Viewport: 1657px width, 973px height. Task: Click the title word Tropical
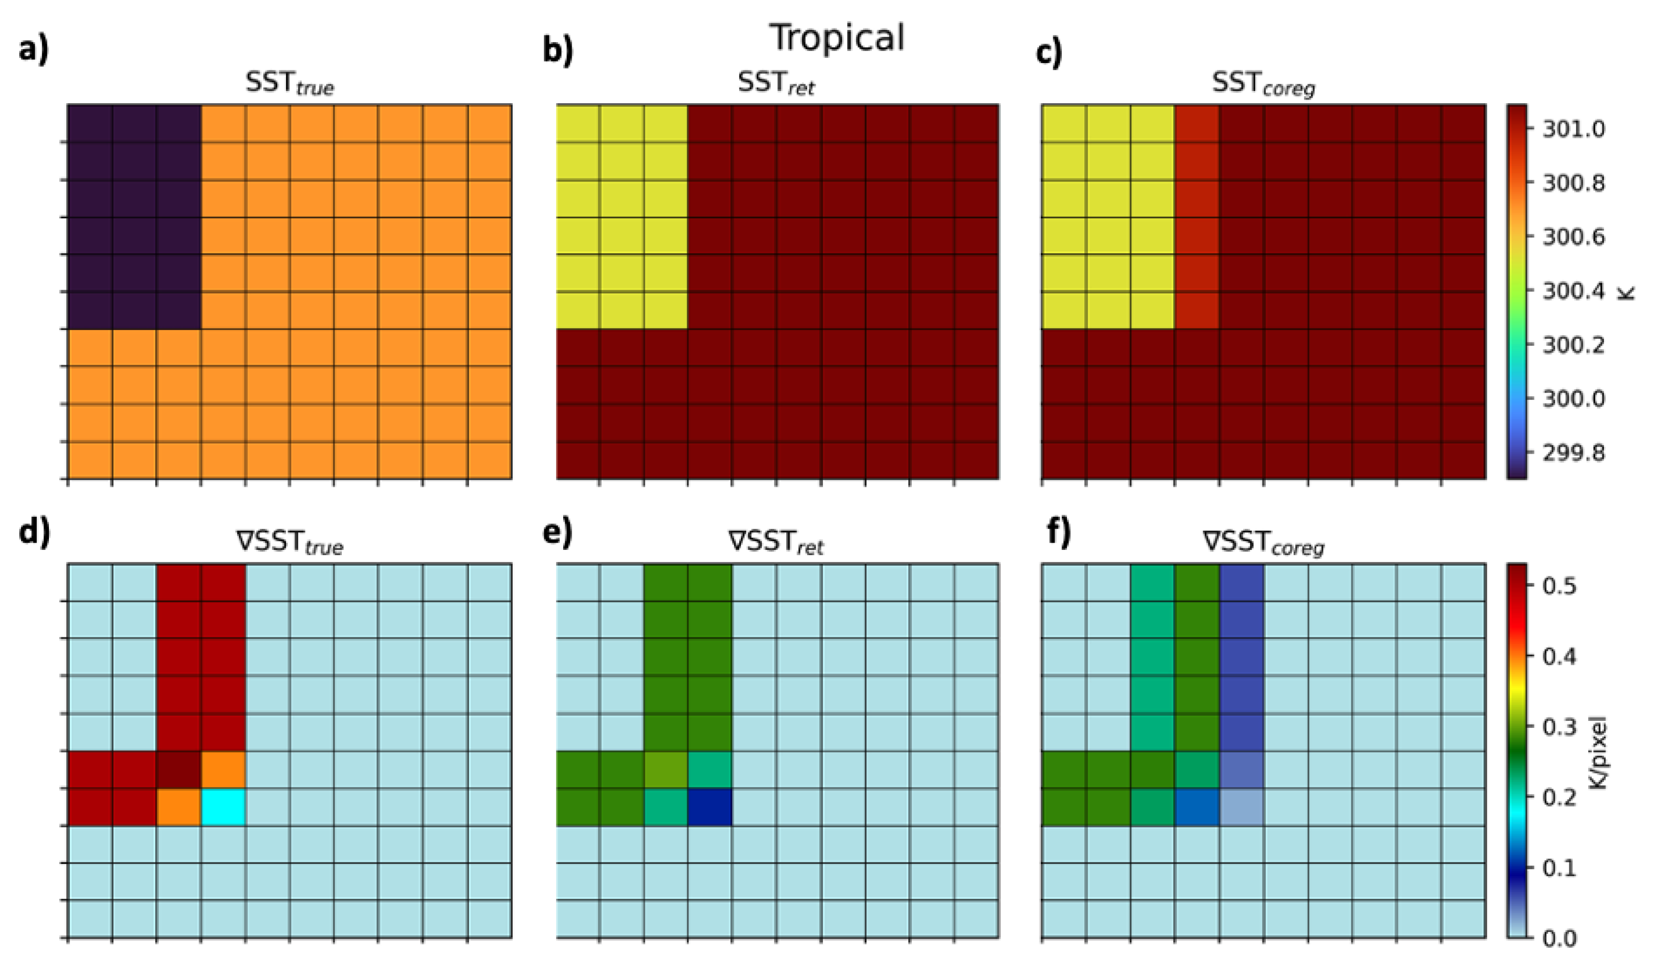(837, 37)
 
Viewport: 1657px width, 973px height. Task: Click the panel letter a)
(34, 50)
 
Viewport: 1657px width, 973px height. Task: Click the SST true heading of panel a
(289, 84)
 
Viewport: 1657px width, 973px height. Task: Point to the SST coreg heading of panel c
(1263, 84)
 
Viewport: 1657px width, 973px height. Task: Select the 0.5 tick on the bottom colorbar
(1558, 585)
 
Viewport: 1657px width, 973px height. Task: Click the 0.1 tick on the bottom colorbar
(1558, 868)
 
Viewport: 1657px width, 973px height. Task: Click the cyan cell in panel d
(223, 807)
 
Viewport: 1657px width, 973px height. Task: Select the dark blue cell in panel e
(710, 807)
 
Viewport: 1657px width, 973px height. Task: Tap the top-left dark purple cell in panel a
(90, 123)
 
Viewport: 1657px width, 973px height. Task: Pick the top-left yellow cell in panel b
(578, 123)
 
